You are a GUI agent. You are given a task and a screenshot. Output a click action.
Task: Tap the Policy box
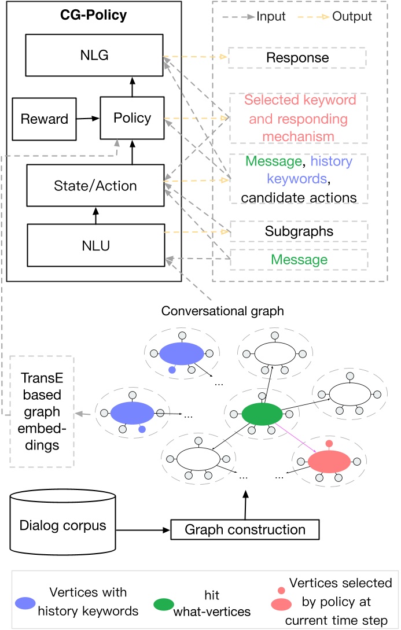tap(132, 119)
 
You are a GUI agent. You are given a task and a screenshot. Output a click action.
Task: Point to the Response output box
tap(297, 58)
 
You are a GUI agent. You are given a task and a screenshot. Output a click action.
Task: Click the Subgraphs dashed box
tap(297, 231)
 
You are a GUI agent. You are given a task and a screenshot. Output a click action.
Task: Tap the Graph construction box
tap(245, 529)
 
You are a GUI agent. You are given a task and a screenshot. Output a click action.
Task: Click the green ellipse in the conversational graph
tap(262, 414)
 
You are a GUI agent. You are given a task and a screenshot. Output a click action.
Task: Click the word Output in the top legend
tap(352, 16)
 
